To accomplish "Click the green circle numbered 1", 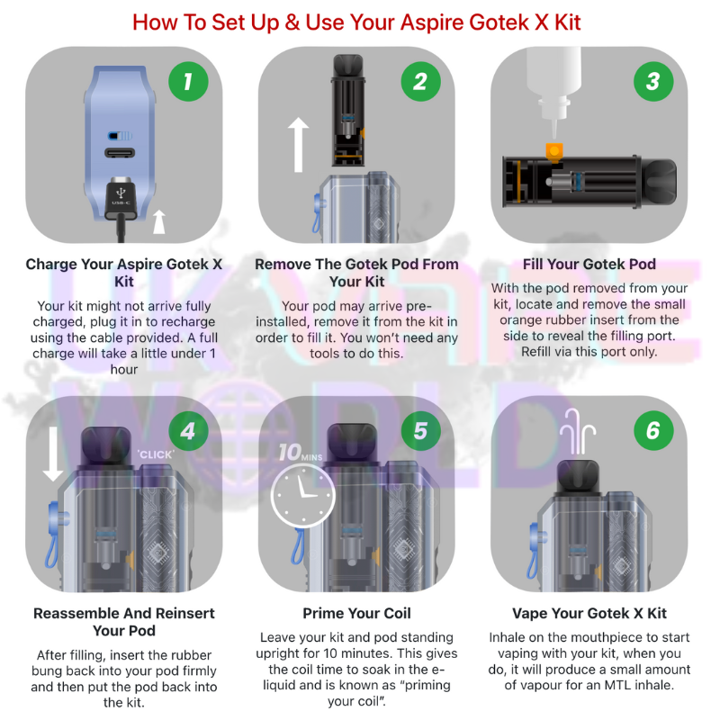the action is [188, 82].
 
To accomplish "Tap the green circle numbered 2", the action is [420, 82].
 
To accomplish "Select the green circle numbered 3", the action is [653, 82].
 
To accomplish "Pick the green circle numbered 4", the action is [188, 431].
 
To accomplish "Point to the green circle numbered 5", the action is [420, 431].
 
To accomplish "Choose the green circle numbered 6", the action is [653, 431].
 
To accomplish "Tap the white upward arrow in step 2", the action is [299, 145].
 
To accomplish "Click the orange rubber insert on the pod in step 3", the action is [553, 152].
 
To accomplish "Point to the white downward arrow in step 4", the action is [53, 454].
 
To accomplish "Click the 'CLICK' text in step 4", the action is [156, 454].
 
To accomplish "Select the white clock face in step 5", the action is [303, 496].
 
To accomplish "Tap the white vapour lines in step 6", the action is [578, 432].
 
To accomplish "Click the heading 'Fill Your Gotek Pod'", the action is [589, 264].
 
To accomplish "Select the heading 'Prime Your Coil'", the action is [356, 613].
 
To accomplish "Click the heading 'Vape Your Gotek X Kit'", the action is [589, 613].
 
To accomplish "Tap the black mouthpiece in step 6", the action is [578, 476].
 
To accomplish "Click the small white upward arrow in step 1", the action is [159, 221].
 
